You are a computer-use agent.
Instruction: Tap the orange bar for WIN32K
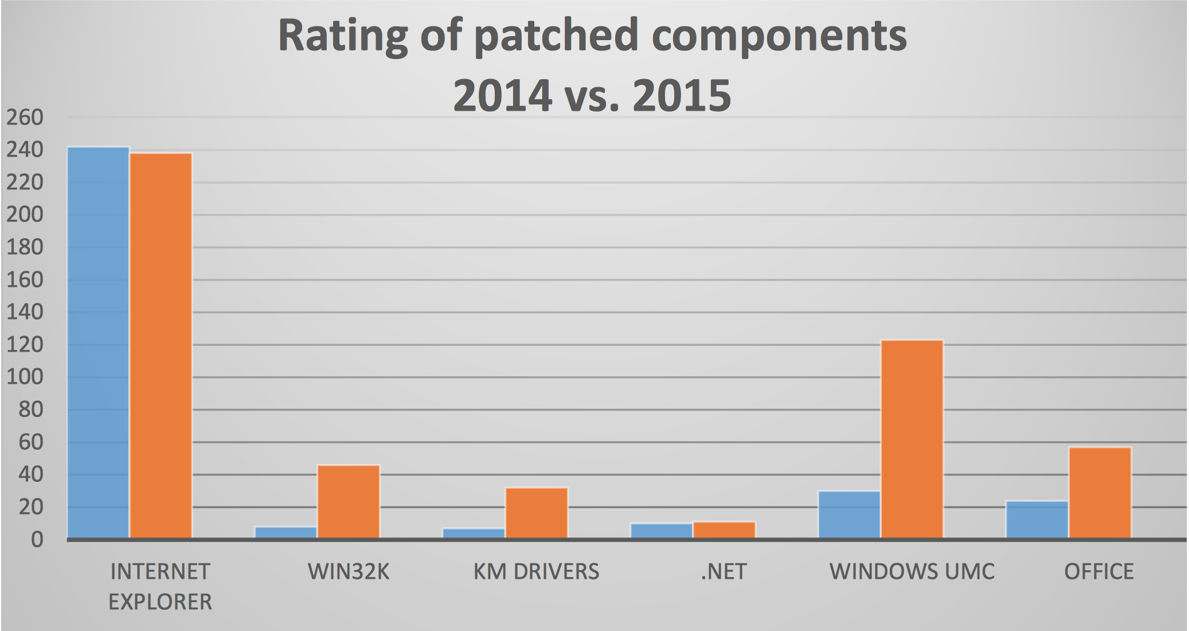click(x=349, y=501)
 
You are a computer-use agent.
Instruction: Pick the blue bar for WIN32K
click(x=285, y=532)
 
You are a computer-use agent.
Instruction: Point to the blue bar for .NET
click(x=662, y=531)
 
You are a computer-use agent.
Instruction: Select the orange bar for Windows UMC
click(x=912, y=439)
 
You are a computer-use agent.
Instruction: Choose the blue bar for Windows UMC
click(x=849, y=515)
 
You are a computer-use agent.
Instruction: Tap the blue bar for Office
click(x=1037, y=520)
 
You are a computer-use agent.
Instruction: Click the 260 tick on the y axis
click(x=25, y=118)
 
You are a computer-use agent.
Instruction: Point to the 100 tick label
click(x=25, y=377)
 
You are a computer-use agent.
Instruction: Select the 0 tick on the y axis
click(x=37, y=540)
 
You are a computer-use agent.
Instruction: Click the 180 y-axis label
click(x=25, y=247)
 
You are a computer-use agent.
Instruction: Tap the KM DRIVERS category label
click(x=536, y=572)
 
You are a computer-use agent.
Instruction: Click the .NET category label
click(x=723, y=572)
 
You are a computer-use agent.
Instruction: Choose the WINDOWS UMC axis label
click(x=912, y=572)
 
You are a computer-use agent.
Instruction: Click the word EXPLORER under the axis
click(x=161, y=602)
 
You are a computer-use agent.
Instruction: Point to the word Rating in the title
click(x=342, y=36)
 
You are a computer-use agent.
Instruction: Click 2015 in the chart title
click(x=682, y=95)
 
